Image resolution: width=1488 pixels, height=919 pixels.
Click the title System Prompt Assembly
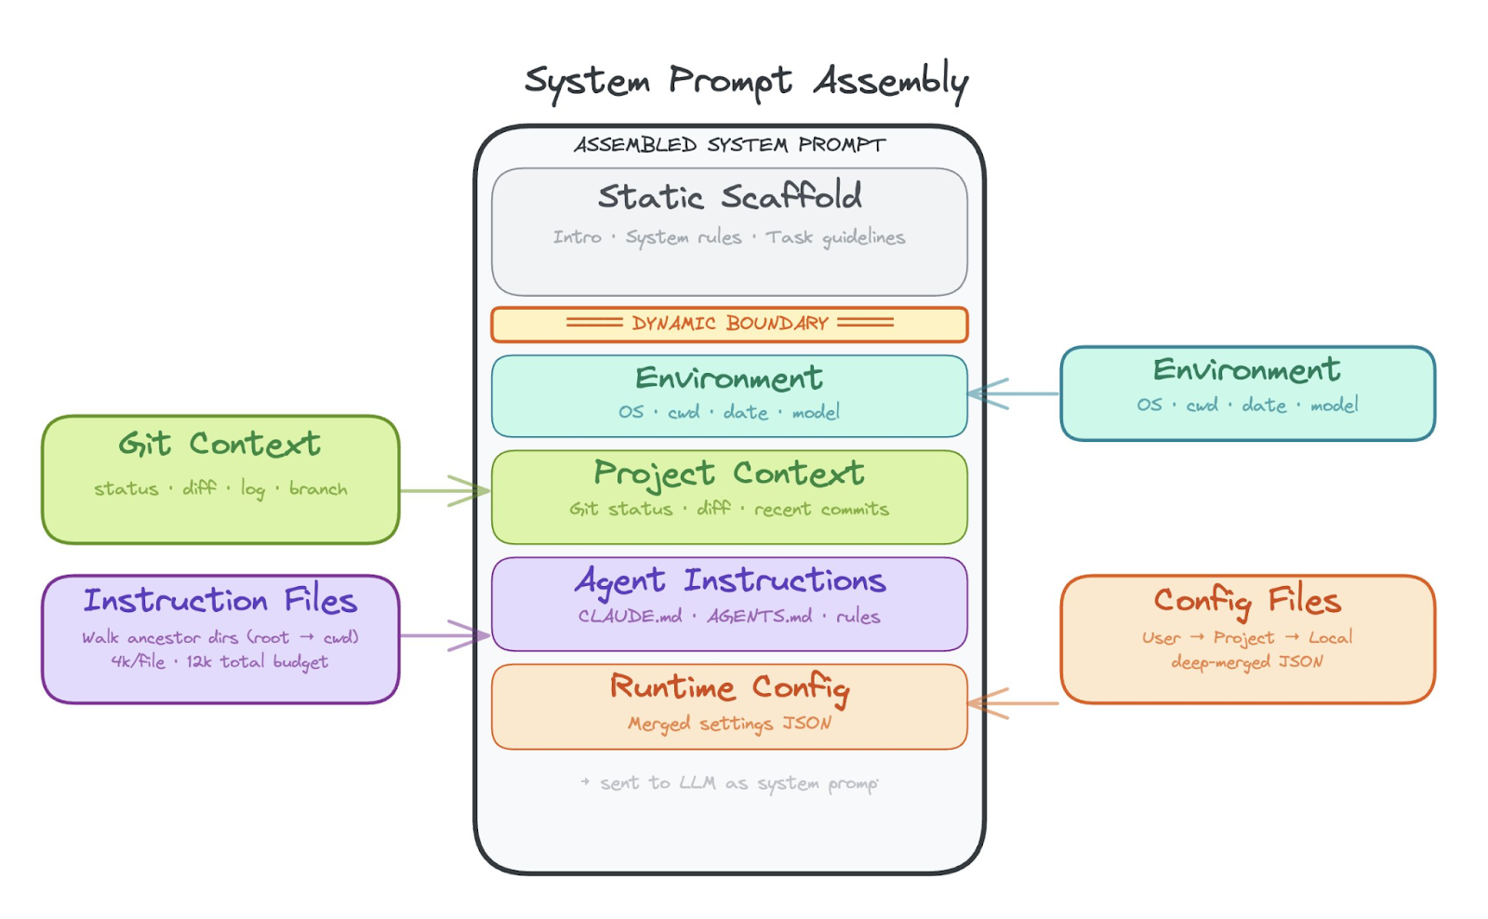[746, 82]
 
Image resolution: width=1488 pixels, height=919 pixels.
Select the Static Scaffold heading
[729, 196]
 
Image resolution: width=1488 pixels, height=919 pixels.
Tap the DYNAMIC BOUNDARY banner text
[729, 324]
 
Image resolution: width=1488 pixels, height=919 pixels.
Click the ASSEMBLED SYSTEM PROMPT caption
[729, 145]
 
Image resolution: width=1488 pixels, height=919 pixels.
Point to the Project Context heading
[729, 473]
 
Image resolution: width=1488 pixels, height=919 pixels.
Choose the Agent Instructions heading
[729, 581]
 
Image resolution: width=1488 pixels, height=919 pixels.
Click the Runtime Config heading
[729, 687]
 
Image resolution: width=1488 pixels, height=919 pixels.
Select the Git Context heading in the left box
[219, 445]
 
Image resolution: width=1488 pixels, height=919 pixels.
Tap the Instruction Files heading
[219, 601]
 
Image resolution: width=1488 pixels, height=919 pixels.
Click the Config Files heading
[1247, 601]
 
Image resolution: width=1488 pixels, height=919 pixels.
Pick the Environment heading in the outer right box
[1247, 370]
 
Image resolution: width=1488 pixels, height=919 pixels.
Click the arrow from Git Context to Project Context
[445, 490]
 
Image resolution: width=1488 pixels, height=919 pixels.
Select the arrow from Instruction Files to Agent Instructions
[445, 635]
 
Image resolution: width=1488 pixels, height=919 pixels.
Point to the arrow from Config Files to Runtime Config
[1014, 703]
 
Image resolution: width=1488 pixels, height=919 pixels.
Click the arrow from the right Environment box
[1014, 393]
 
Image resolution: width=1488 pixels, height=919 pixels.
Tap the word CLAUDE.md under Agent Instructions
[630, 617]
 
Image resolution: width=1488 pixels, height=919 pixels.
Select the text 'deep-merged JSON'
[1247, 662]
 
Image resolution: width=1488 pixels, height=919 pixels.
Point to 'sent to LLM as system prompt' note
[729, 783]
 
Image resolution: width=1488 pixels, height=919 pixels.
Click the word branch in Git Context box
[318, 489]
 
